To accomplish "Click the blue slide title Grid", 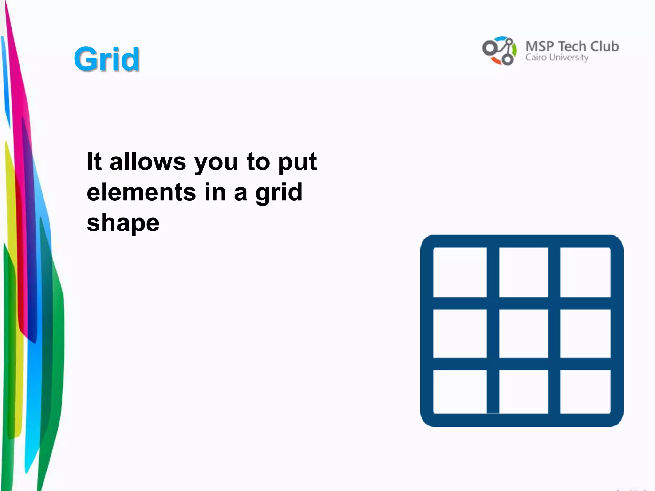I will [x=107, y=59].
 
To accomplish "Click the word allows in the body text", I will [x=147, y=161].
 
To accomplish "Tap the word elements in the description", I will [x=141, y=192].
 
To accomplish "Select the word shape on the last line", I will [x=123, y=223].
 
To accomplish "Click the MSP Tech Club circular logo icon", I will [x=499, y=51].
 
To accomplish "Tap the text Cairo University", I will [x=557, y=58].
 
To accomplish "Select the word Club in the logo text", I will [x=604, y=46].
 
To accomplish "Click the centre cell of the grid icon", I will [x=523, y=333].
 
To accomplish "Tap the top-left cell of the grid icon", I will [x=460, y=272].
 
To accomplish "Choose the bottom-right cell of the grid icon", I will [x=585, y=392].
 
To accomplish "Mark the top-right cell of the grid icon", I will [x=585, y=272].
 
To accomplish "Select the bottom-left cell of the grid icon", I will [x=460, y=392].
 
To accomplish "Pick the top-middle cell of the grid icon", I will [x=523, y=272].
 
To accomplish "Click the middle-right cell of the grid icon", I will [x=585, y=333].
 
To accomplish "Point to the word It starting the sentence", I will [x=94, y=161].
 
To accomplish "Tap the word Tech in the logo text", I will [x=572, y=46].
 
